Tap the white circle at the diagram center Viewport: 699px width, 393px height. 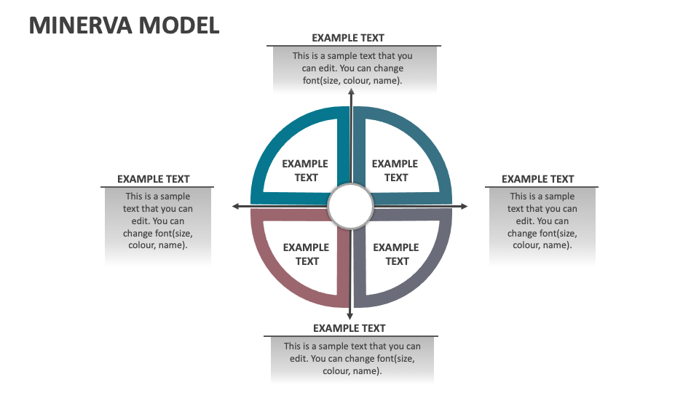tap(350, 207)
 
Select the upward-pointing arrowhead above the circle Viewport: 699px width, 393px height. tap(351, 93)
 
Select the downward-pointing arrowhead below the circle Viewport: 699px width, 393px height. tap(350, 315)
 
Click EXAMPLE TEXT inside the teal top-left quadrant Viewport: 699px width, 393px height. tap(306, 170)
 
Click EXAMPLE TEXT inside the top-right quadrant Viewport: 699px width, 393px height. tap(395, 170)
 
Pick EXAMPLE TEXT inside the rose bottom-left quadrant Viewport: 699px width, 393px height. tap(307, 254)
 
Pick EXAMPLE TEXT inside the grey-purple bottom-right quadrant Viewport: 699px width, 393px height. tap(396, 254)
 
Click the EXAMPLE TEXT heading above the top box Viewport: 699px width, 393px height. tap(348, 38)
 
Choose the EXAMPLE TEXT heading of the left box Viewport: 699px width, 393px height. tap(154, 179)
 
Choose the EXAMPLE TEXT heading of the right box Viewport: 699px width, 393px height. tap(538, 179)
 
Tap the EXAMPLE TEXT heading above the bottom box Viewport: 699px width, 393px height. tap(349, 328)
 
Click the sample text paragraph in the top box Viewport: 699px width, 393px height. tap(352, 68)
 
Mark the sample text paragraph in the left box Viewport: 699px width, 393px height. tap(157, 221)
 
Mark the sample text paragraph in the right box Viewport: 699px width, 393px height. tap(542, 221)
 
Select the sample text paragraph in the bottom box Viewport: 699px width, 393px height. tap(352, 358)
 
